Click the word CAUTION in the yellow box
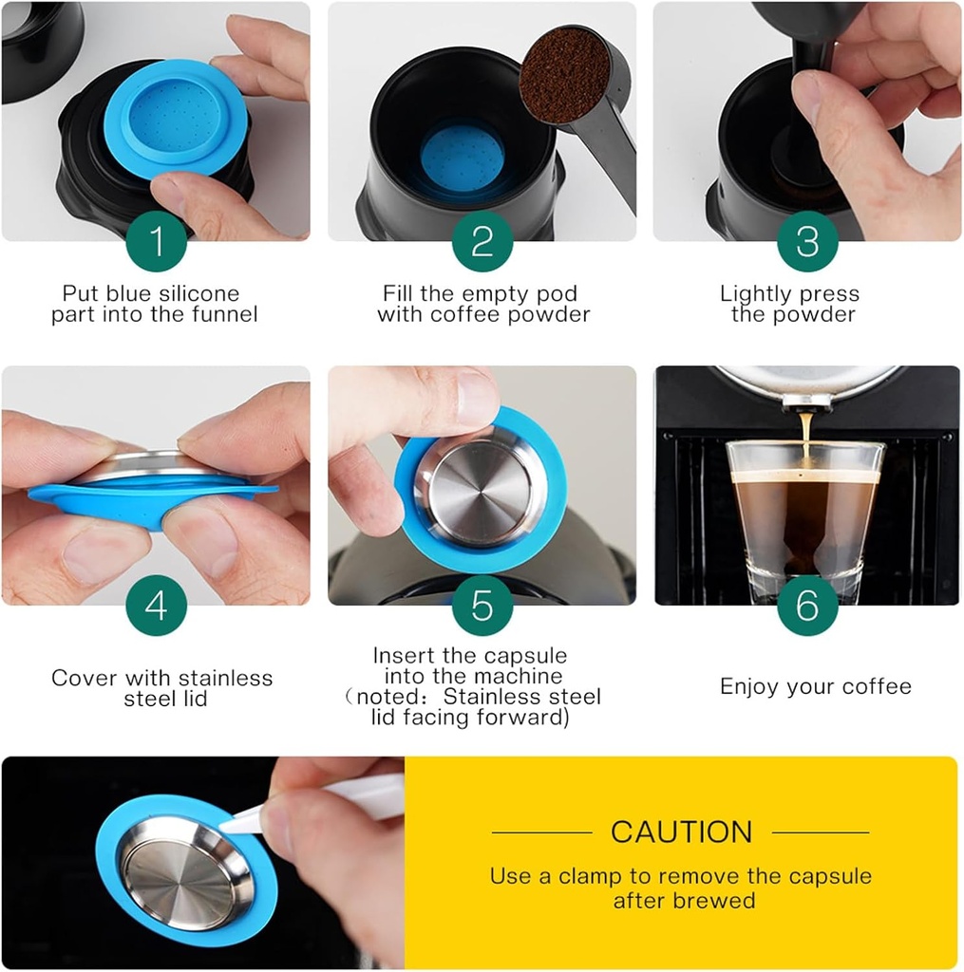click(681, 832)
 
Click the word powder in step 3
click(822, 314)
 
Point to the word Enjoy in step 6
click(749, 686)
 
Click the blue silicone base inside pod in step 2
click(462, 158)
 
